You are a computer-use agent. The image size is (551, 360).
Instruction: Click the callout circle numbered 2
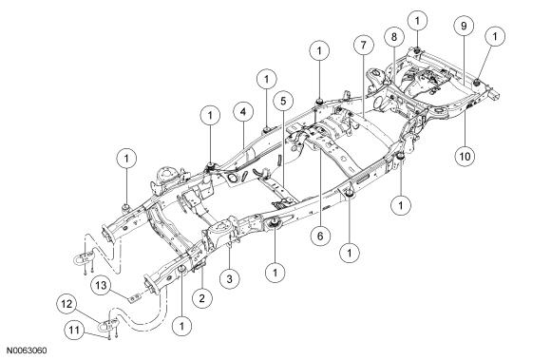(201, 298)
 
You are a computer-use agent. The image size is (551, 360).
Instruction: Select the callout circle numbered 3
(230, 279)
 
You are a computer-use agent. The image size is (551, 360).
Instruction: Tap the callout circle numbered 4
(243, 112)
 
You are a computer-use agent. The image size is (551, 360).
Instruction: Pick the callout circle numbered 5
(284, 102)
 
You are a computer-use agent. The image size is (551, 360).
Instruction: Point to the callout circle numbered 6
(320, 236)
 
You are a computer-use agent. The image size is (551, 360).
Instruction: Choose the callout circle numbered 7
(363, 45)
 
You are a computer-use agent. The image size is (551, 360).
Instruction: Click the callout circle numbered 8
(393, 37)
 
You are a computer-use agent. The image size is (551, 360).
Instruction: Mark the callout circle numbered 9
(464, 26)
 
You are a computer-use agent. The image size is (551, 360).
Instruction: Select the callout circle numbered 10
(465, 157)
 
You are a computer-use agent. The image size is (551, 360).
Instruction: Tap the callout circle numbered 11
(74, 331)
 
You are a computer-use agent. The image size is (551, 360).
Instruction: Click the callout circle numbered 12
(67, 304)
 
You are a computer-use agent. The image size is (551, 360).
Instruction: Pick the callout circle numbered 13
(101, 285)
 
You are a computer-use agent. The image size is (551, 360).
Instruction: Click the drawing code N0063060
(27, 351)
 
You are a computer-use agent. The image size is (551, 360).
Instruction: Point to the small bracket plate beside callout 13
(134, 299)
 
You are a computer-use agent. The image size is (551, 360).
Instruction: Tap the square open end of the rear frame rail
(495, 95)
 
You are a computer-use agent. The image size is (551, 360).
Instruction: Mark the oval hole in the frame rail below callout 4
(233, 178)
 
